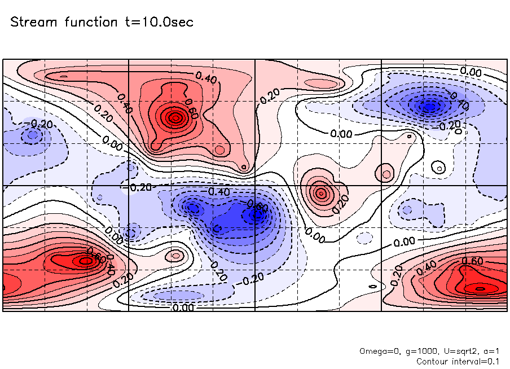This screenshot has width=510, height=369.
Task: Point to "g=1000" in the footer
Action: (x=416, y=351)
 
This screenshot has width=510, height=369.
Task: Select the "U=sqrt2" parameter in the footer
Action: (x=452, y=351)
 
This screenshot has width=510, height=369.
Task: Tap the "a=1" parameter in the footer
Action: (x=486, y=351)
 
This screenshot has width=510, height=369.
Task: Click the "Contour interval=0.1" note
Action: (x=457, y=361)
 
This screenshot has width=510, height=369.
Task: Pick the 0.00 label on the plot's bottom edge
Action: (x=183, y=307)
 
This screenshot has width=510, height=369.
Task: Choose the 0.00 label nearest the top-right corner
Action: (x=470, y=72)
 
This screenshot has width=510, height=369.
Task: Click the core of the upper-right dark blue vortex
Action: (x=430, y=105)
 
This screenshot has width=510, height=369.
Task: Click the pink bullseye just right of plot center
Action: (x=321, y=193)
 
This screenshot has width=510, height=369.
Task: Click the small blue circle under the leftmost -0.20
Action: (x=33, y=134)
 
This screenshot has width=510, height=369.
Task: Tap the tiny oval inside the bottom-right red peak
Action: (x=480, y=288)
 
